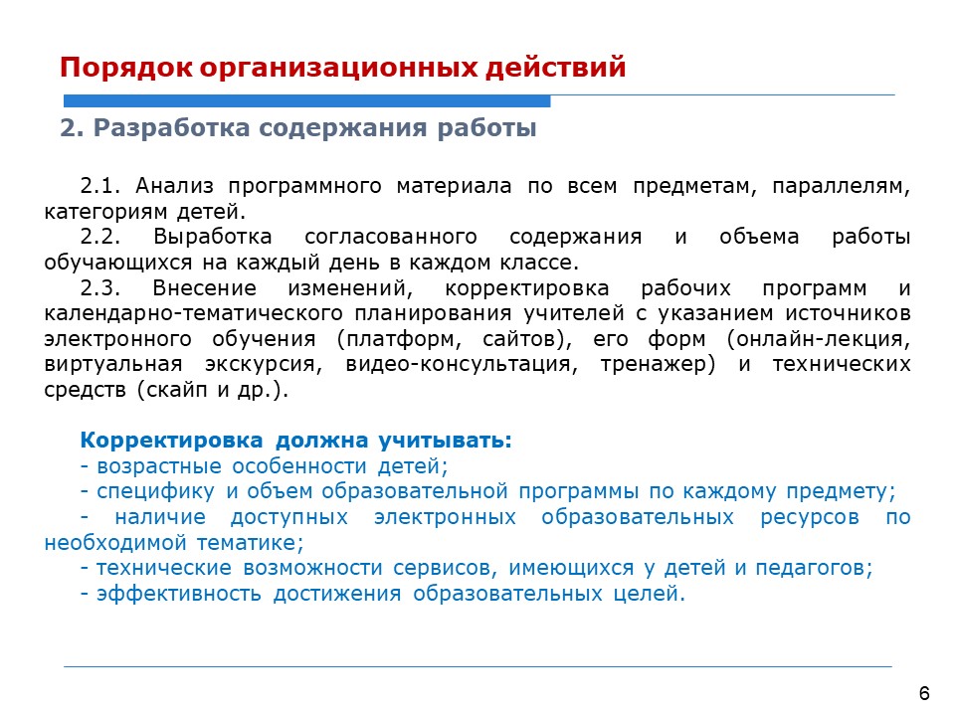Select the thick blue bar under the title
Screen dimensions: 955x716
[307, 101]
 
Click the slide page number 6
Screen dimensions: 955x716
[924, 693]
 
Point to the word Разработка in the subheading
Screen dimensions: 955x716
[171, 128]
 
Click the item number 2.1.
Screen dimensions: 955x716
[100, 186]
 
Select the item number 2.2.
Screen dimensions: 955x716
[100, 237]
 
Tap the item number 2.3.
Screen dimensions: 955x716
[100, 287]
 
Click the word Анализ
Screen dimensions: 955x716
[174, 186]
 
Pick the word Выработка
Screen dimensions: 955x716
[213, 237]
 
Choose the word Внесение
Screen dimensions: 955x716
[205, 287]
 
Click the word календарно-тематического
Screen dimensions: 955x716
[194, 313]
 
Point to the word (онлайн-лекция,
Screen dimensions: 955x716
[819, 339]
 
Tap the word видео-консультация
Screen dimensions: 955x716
[462, 364]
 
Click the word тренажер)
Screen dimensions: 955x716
[658, 364]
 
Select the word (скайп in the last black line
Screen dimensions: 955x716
[172, 390]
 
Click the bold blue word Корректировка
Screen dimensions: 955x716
[172, 441]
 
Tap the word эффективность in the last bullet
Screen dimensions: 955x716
[178, 594]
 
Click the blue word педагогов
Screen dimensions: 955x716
[814, 568]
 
